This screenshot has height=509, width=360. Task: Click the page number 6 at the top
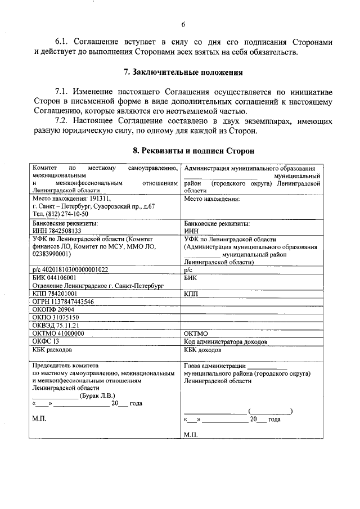183,24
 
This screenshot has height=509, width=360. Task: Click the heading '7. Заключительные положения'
183,72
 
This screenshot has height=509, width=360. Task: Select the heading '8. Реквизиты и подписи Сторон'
193,151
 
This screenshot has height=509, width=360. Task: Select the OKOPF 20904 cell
53,309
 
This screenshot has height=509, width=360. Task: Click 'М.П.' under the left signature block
40,420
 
